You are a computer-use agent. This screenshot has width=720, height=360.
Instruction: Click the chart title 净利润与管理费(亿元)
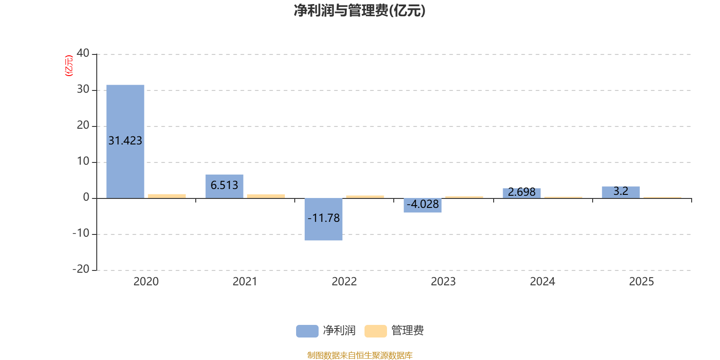pyautogui.click(x=360, y=11)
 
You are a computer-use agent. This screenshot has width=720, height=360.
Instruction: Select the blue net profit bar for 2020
pyautogui.click(x=126, y=142)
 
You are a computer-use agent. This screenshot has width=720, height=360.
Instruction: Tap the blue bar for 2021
pyautogui.click(x=225, y=186)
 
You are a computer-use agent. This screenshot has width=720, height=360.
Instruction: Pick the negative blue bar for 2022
pyautogui.click(x=324, y=219)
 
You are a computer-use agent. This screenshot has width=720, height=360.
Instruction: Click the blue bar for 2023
pyautogui.click(x=423, y=205)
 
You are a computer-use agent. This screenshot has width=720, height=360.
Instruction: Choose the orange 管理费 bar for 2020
pyautogui.click(x=167, y=196)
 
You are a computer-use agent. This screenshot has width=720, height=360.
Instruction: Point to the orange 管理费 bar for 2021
pyautogui.click(x=266, y=196)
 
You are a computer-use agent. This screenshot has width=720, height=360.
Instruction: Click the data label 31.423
pyautogui.click(x=126, y=141)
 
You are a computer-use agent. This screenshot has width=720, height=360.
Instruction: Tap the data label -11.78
pyautogui.click(x=324, y=218)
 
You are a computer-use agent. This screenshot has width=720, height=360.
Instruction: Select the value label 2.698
pyautogui.click(x=522, y=192)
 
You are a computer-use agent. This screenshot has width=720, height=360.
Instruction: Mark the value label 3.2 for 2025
pyautogui.click(x=621, y=191)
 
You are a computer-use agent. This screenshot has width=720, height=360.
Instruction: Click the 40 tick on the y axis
pyautogui.click(x=83, y=53)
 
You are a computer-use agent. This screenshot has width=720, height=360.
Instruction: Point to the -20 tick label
pyautogui.click(x=81, y=269)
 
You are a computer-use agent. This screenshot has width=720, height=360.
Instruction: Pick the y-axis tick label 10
pyautogui.click(x=83, y=161)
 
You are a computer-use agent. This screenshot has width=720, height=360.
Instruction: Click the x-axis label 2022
pyautogui.click(x=344, y=282)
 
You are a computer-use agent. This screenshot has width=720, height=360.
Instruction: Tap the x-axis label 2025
pyautogui.click(x=642, y=282)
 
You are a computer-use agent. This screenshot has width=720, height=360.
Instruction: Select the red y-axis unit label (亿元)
pyautogui.click(x=69, y=66)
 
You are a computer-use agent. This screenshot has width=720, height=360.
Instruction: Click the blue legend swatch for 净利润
pyautogui.click(x=307, y=331)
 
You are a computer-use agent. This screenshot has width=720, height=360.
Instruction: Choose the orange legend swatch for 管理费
pyautogui.click(x=375, y=331)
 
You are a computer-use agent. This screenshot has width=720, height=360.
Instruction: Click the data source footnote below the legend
pyautogui.click(x=360, y=355)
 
